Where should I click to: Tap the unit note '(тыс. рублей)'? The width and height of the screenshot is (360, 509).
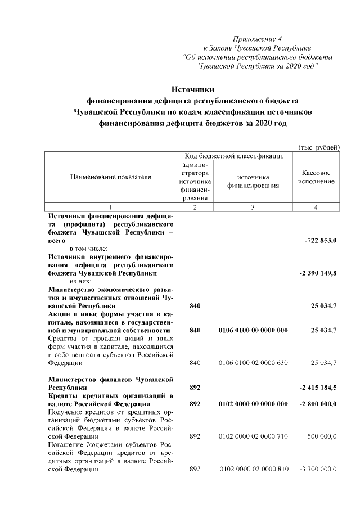point(318,147)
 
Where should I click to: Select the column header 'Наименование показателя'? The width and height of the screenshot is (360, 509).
point(110,177)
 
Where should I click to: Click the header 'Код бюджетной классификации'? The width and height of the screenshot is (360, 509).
point(230,155)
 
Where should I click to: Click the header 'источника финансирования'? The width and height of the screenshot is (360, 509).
point(253,181)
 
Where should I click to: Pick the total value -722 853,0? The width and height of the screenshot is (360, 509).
point(320,240)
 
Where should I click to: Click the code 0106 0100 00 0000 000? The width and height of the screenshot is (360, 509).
point(253,330)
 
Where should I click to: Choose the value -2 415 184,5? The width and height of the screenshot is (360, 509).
point(316,388)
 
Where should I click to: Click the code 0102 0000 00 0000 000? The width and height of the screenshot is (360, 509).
point(253,403)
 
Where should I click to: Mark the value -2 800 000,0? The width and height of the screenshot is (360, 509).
point(316,403)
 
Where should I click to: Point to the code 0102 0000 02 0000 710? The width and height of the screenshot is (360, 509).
point(253,436)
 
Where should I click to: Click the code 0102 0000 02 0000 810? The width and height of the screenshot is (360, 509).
point(253,469)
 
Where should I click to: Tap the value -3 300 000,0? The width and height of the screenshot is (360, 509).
point(316,469)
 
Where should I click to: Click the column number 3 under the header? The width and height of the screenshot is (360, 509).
point(253,207)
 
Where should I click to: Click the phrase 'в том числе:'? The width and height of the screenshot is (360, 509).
point(92,248)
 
